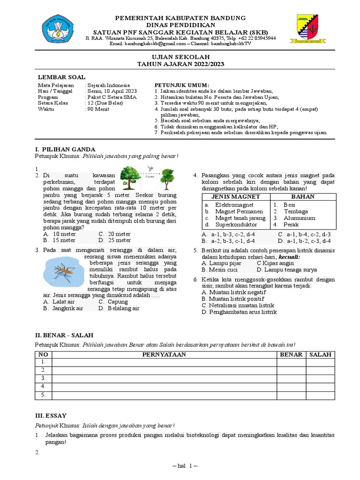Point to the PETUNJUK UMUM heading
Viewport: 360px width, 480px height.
(x=175, y=85)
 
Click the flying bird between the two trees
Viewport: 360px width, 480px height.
(x=150, y=168)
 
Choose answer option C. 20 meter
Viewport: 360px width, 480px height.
(x=115, y=234)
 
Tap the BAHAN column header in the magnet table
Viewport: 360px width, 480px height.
(x=303, y=196)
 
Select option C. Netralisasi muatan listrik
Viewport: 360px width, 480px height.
(x=238, y=305)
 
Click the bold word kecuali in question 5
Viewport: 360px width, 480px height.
(x=289, y=257)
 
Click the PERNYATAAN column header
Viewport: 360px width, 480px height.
(x=165, y=354)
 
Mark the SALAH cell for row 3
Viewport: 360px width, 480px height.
(x=320, y=378)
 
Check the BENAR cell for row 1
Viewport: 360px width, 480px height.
(x=291, y=362)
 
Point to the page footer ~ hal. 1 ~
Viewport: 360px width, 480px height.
(x=180, y=467)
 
